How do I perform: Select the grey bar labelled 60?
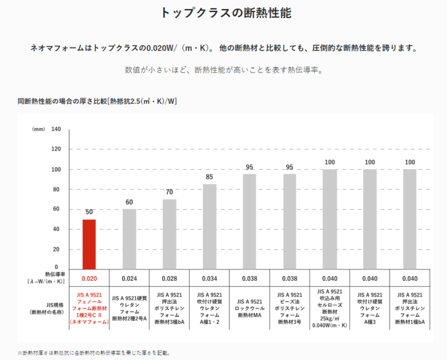(x=129, y=238)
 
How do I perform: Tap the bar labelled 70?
(x=169, y=233)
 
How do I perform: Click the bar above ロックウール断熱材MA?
(x=250, y=221)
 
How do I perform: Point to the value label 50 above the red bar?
(x=89, y=212)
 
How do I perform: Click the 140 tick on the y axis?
(x=56, y=129)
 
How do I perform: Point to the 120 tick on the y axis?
(x=56, y=149)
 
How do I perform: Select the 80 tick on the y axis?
(x=56, y=189)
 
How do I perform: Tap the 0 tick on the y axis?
(x=56, y=268)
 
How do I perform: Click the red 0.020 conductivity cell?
(x=89, y=278)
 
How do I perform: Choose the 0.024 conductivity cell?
(x=129, y=278)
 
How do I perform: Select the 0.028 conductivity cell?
(x=169, y=278)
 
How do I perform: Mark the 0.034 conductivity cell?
(x=209, y=278)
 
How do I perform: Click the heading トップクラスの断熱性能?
(x=223, y=13)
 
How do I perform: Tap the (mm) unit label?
(x=38, y=129)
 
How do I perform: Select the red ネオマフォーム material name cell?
(x=89, y=308)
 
